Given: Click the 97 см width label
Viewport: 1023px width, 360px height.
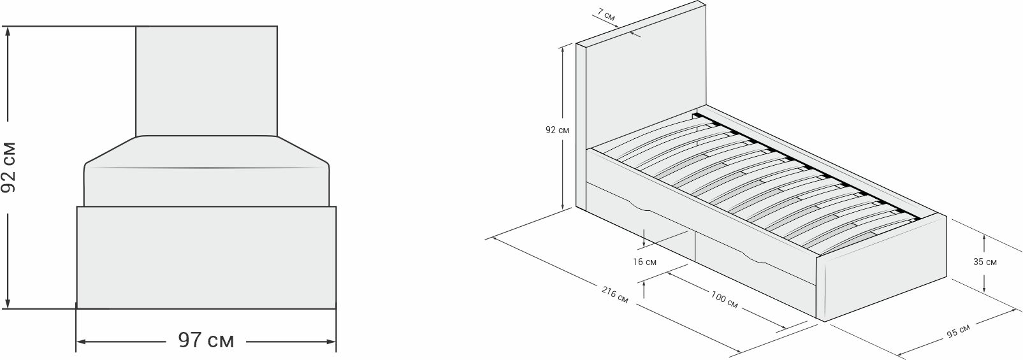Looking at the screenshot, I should [205, 341].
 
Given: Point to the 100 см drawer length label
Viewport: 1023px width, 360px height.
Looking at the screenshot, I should [724, 300].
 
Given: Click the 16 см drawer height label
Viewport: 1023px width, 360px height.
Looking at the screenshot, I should [645, 261].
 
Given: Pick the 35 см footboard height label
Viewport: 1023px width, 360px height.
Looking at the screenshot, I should [985, 261].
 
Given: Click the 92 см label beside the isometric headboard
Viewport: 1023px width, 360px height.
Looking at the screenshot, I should [557, 130].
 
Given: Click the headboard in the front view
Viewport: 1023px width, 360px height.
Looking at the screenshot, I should [207, 80].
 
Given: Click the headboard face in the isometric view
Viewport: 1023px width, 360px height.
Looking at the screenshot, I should [644, 83].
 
